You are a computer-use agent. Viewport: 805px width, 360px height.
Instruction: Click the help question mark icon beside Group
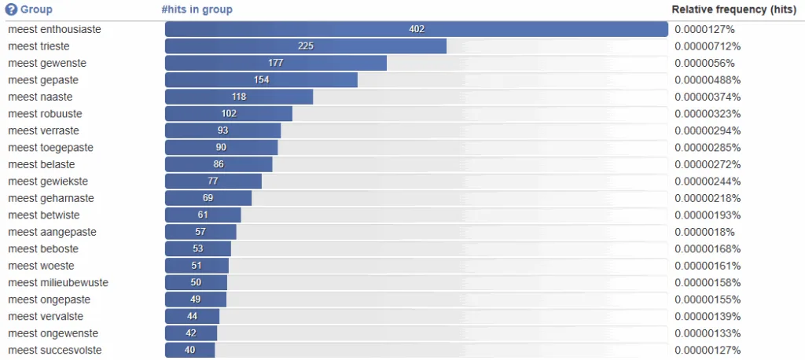click(11, 10)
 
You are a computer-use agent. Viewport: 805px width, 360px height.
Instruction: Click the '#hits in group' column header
click(197, 10)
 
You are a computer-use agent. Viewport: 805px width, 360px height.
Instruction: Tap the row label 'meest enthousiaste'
click(54, 30)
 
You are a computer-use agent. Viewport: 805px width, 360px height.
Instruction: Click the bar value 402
click(417, 30)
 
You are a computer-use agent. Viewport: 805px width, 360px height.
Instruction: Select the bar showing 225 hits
click(306, 46)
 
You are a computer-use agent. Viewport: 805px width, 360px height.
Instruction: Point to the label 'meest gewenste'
click(47, 64)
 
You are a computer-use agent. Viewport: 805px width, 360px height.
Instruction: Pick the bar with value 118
click(239, 97)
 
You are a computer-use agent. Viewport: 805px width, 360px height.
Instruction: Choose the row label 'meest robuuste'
click(45, 114)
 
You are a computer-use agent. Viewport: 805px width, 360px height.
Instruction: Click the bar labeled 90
click(222, 148)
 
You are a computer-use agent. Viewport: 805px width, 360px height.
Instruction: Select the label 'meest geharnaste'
click(51, 198)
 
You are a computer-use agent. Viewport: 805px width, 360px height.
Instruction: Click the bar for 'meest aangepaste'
click(200, 232)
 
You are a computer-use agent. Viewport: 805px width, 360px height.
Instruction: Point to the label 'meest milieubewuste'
click(58, 283)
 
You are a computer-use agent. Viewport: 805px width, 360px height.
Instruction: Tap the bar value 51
click(197, 266)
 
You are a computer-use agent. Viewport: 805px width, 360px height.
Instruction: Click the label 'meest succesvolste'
click(55, 351)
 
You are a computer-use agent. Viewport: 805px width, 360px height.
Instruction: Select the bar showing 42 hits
click(191, 333)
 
